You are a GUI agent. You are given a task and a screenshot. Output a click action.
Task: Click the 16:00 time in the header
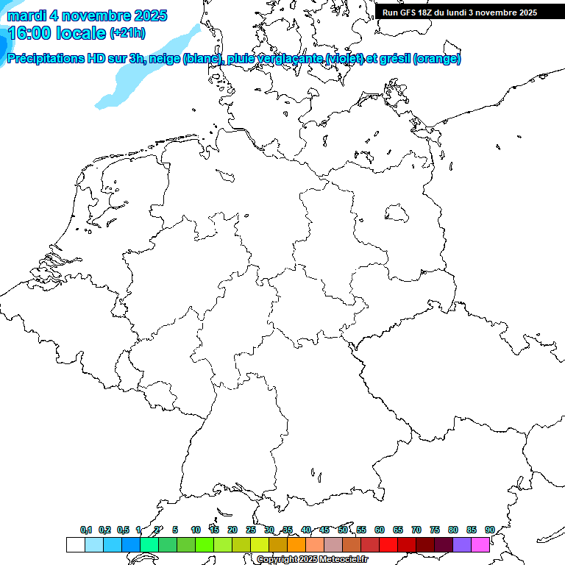click(x=29, y=33)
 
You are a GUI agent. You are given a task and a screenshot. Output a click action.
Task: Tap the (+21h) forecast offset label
click(x=127, y=33)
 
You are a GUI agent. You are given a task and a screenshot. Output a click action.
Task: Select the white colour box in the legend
click(x=75, y=544)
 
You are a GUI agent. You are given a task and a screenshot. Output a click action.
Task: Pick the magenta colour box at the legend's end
click(x=480, y=544)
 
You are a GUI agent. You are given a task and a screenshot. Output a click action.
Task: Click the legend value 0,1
click(x=86, y=530)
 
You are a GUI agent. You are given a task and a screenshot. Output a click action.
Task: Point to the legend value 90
click(x=490, y=530)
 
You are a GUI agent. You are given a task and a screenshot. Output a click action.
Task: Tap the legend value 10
click(x=196, y=530)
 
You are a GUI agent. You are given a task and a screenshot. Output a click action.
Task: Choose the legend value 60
click(x=380, y=530)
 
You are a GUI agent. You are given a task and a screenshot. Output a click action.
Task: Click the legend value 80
click(x=453, y=530)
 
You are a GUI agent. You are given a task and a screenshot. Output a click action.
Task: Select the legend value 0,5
click(x=123, y=530)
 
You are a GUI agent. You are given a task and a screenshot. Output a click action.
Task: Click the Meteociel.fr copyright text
click(x=312, y=560)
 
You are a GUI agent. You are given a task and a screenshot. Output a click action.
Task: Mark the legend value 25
click(x=251, y=530)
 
